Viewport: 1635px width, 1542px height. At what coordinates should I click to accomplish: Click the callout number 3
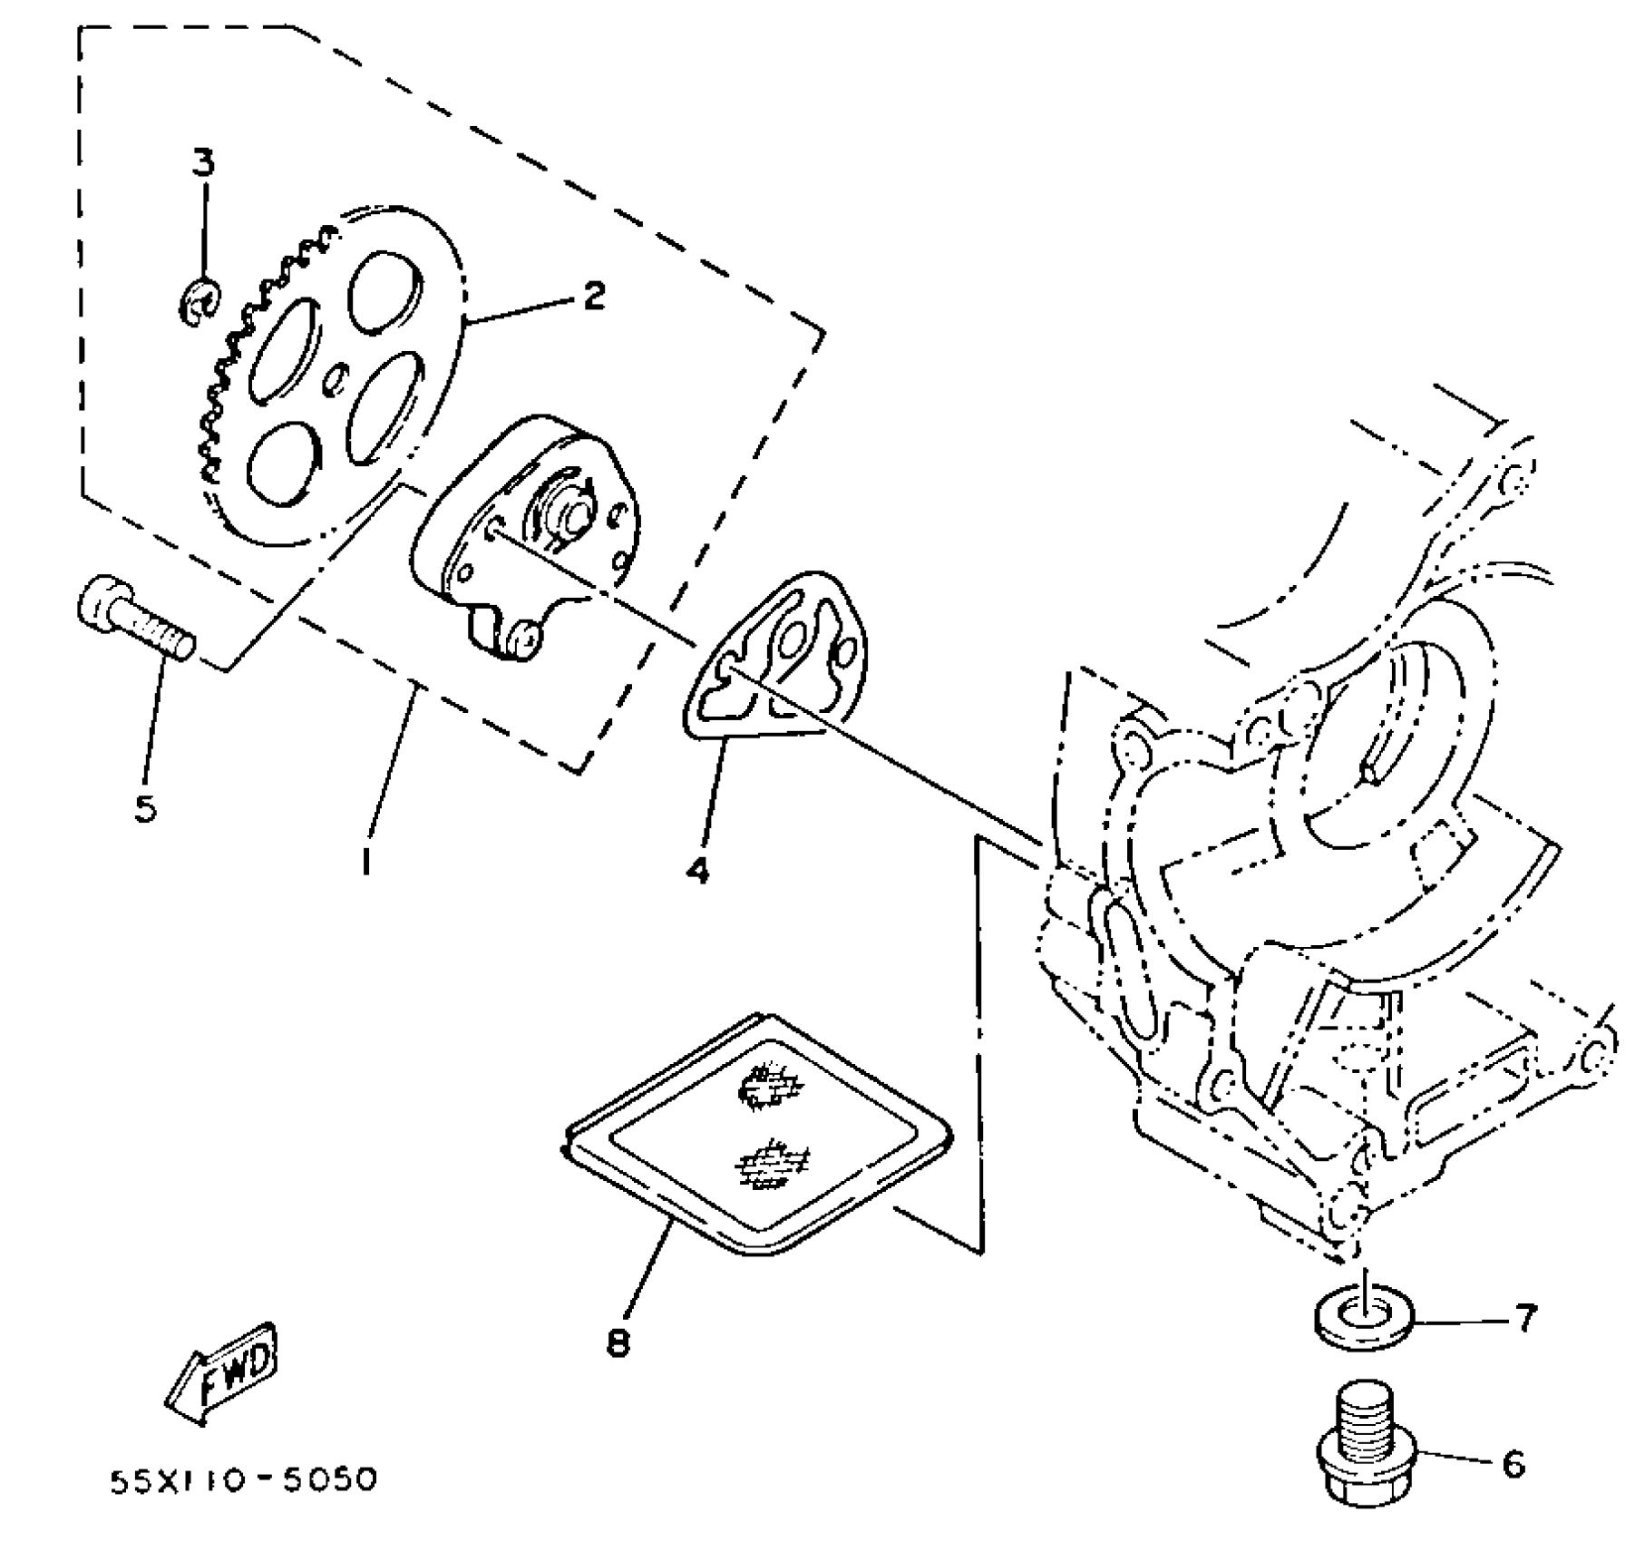click(x=203, y=163)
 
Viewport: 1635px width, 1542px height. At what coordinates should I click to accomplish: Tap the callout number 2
click(x=593, y=296)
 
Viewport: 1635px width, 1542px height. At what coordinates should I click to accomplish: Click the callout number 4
click(x=696, y=870)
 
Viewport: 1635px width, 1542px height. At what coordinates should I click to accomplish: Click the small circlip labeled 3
click(x=199, y=303)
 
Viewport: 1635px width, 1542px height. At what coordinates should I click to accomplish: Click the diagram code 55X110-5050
click(x=242, y=1481)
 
